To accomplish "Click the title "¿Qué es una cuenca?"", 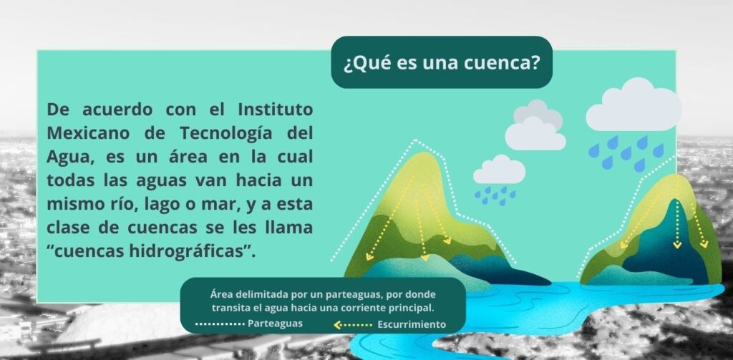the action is tap(442, 64).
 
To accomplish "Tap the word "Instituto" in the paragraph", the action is tap(276, 110).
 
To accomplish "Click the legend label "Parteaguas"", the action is tap(275, 323).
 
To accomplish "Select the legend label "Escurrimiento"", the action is tap(412, 324).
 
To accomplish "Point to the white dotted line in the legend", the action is tap(220, 323).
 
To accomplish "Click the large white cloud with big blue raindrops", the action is tap(634, 106).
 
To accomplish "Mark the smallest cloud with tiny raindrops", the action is tap(499, 170).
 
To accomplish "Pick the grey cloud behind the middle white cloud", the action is tap(538, 113).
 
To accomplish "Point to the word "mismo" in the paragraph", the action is tap(69, 204).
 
